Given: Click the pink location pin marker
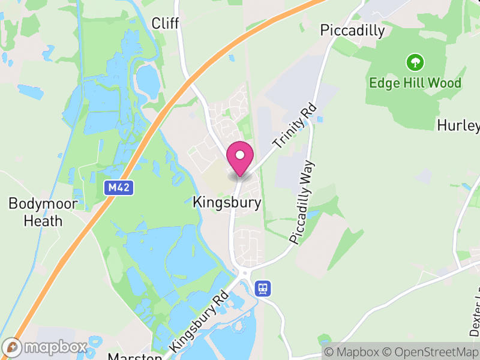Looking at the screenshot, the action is pyautogui.click(x=240, y=157).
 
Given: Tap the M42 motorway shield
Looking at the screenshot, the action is pyautogui.click(x=119, y=188).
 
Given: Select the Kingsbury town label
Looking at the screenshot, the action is pyautogui.click(x=227, y=203).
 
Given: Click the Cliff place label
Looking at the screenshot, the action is pyautogui.click(x=166, y=23).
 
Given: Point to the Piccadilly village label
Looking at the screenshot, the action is pyautogui.click(x=352, y=31).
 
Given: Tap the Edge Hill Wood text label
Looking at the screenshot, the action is pyautogui.click(x=415, y=83).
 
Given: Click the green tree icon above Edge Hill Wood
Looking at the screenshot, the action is pyautogui.click(x=415, y=62).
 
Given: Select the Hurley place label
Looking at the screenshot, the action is pyautogui.click(x=459, y=125).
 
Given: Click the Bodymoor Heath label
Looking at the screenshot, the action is pyautogui.click(x=43, y=212).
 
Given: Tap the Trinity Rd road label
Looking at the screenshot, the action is pyautogui.click(x=294, y=127).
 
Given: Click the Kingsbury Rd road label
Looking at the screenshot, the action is pyautogui.click(x=200, y=322).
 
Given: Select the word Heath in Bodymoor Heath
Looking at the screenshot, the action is pyautogui.click(x=43, y=220).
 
